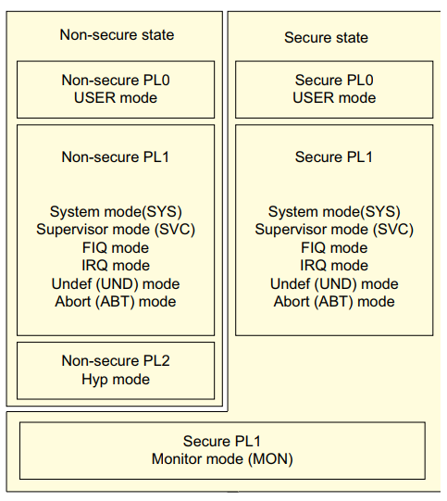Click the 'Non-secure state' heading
point(117,35)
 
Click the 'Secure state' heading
point(326,38)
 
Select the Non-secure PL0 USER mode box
point(116,89)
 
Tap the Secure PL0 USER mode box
point(334,89)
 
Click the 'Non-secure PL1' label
point(116,157)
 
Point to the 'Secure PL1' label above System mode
point(334,157)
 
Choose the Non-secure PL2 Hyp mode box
point(116,369)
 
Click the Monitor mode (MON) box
point(222,450)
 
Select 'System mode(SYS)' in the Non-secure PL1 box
point(116,212)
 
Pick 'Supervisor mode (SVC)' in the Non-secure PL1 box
point(116,230)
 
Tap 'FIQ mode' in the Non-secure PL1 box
point(116,248)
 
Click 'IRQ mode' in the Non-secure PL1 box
point(116,266)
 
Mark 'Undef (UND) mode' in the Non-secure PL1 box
point(116,283)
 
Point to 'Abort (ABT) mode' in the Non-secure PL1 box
point(116,301)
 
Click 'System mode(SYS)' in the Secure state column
point(334,212)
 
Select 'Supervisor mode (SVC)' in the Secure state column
point(334,230)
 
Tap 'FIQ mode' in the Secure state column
point(334,248)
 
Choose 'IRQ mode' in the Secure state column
point(334,266)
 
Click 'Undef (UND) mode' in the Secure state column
point(334,283)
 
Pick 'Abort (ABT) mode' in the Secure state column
point(334,301)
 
